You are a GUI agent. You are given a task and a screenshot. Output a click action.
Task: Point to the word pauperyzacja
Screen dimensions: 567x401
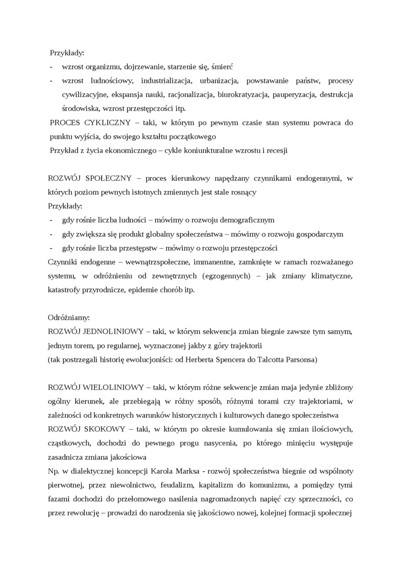(x=293, y=95)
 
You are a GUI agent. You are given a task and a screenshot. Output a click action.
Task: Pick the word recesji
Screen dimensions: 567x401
(x=275, y=150)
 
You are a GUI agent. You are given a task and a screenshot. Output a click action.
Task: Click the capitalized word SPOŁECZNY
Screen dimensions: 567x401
(x=111, y=178)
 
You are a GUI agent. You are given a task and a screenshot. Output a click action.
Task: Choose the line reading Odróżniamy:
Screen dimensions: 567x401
(x=69, y=318)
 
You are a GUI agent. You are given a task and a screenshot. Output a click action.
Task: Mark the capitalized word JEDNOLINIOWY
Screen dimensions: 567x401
(x=114, y=332)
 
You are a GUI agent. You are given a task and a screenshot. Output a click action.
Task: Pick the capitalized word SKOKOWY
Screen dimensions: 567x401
(x=105, y=429)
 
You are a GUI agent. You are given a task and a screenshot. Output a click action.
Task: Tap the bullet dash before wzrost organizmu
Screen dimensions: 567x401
(x=51, y=67)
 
